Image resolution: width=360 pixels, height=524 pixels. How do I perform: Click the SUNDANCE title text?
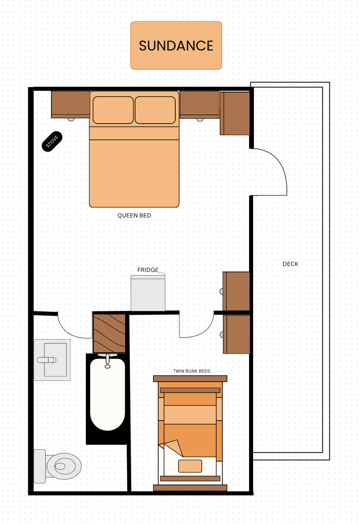tap(176, 46)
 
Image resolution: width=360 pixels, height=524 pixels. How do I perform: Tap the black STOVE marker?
tap(52, 142)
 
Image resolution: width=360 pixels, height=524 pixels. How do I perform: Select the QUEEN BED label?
tap(134, 215)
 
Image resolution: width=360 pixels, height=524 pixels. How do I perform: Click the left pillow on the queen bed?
tap(113, 110)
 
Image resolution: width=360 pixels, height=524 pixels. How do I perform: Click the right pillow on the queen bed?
tap(155, 110)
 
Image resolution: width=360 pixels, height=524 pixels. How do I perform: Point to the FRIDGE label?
tap(148, 270)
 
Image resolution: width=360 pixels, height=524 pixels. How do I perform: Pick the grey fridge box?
tap(148, 293)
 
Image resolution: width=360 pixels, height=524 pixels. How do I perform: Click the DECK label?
tap(290, 264)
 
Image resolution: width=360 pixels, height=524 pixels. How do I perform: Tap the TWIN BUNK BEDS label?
tap(192, 371)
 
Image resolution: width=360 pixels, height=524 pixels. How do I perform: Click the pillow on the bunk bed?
tap(190, 466)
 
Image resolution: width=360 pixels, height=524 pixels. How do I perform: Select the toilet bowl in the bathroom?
tap(64, 466)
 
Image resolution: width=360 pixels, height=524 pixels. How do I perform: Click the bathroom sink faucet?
tap(47, 360)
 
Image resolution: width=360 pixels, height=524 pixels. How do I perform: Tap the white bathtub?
tap(108, 394)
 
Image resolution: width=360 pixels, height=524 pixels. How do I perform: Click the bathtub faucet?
tap(108, 361)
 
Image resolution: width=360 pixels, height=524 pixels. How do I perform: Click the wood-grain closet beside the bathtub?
tap(109, 333)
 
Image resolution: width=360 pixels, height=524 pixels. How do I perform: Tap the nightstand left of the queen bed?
tap(70, 104)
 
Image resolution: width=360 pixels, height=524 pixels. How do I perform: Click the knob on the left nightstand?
tap(71, 119)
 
